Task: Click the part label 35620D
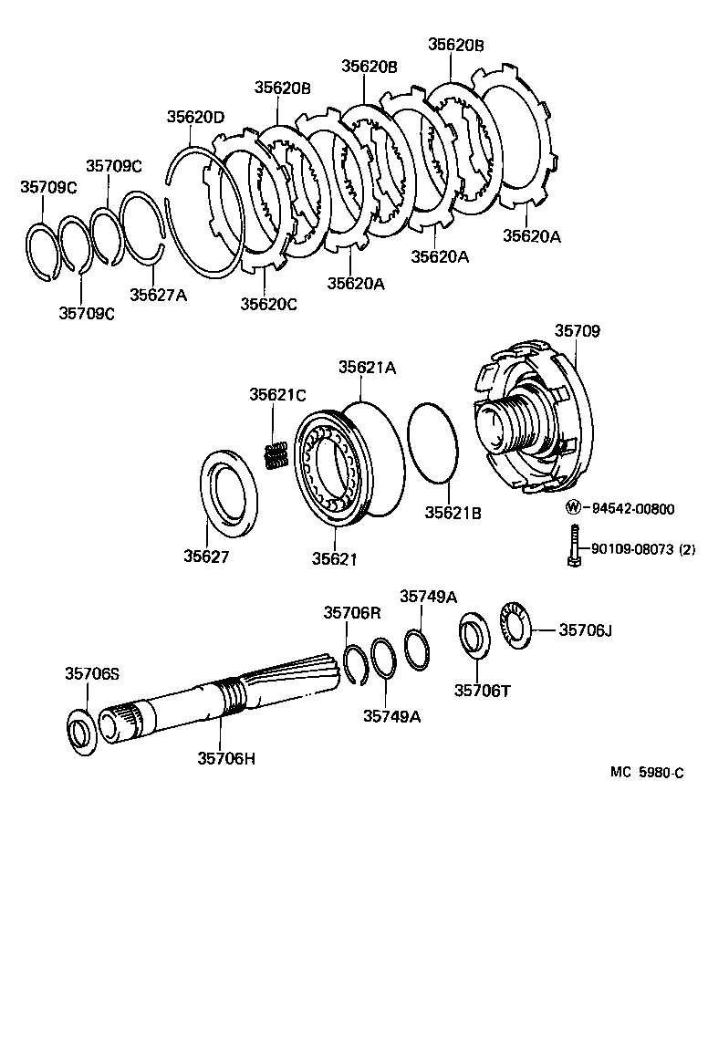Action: (195, 117)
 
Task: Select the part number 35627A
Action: (158, 295)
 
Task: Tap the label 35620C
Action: (268, 304)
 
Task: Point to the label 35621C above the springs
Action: (278, 394)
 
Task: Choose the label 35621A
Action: (367, 367)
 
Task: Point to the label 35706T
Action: (483, 690)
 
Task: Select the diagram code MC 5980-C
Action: (647, 773)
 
